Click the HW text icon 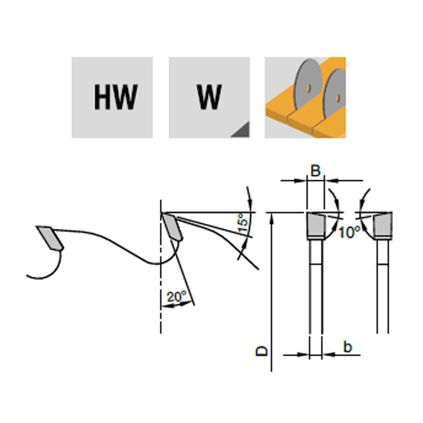coord(115,97)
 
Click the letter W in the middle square coord(209,97)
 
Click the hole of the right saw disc coord(337,99)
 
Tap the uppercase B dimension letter coord(315,171)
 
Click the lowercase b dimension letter coord(348,347)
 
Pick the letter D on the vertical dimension coord(262,351)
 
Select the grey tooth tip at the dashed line coord(172,227)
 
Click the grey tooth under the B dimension coord(316,225)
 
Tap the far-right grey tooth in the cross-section coord(383,225)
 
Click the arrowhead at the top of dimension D coord(271,217)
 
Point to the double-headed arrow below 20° coord(177,305)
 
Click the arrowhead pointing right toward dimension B coord(300,180)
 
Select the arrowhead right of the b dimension coord(328,355)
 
